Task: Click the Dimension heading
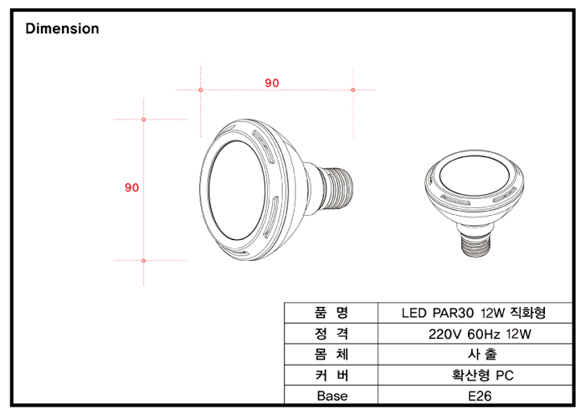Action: click(62, 28)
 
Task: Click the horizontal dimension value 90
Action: click(272, 83)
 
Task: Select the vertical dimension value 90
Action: click(131, 187)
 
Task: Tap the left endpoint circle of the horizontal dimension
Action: click(201, 90)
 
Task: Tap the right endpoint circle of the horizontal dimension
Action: click(352, 90)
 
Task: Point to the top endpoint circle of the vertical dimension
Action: click(143, 120)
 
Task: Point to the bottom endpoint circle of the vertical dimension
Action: click(143, 261)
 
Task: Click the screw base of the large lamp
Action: click(337, 187)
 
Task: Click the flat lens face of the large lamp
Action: click(237, 191)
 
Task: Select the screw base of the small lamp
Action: click(475, 242)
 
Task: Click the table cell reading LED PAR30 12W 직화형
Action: click(474, 313)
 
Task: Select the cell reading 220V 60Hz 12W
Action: click(480, 334)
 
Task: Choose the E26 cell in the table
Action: click(480, 396)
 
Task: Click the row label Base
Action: click(332, 396)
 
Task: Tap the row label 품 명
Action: click(332, 313)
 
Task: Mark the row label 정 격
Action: click(332, 334)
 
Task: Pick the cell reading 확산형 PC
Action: click(483, 375)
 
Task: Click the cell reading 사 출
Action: click(482, 355)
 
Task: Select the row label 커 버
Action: click(332, 375)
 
